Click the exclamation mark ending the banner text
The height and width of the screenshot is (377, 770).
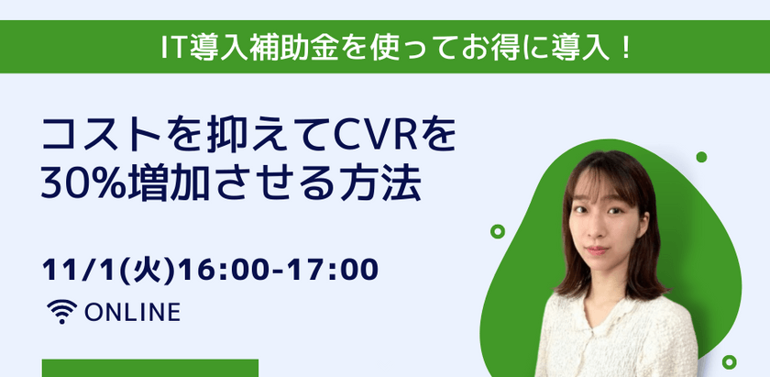[626, 47]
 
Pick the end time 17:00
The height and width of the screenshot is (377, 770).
[332, 272]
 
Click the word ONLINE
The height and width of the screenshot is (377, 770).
[132, 313]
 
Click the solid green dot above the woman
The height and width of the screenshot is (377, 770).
[701, 157]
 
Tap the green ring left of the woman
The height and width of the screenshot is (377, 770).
[498, 231]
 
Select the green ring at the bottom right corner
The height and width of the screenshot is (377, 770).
[729, 361]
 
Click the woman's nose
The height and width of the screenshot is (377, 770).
[593, 233]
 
